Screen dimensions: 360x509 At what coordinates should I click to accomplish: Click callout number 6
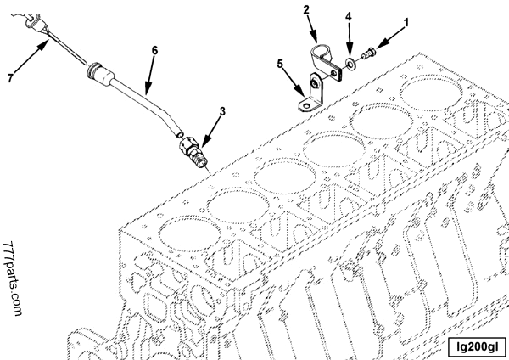[x=155, y=51]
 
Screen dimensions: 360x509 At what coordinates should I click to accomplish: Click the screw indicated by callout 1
[x=368, y=55]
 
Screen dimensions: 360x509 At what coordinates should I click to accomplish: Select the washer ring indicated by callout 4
[x=350, y=64]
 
